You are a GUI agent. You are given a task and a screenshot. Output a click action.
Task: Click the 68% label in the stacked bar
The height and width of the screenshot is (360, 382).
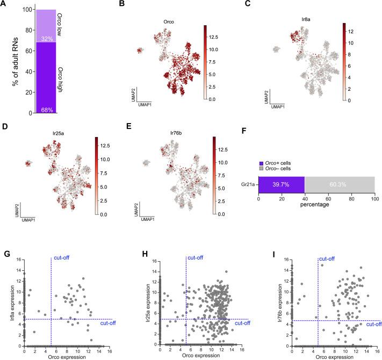click(x=45, y=109)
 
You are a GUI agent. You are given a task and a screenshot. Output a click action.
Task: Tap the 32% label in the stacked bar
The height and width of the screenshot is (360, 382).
click(x=45, y=39)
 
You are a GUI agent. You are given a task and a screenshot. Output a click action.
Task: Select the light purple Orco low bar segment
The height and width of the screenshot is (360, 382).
click(x=45, y=24)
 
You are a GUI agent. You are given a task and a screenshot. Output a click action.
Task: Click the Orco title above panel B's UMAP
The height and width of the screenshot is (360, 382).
click(x=169, y=22)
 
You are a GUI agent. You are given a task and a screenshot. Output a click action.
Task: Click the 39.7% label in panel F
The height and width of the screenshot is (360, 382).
click(x=282, y=184)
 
